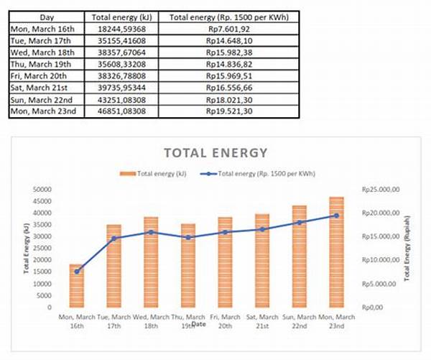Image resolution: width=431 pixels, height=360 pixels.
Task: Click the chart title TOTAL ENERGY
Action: (215, 152)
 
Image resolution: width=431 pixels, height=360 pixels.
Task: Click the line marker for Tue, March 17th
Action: (114, 238)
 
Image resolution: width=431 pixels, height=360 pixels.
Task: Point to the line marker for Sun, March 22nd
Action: (300, 222)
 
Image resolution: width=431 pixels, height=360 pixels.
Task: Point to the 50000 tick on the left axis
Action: (43, 189)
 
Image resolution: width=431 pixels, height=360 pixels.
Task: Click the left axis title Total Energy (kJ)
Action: (27, 248)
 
